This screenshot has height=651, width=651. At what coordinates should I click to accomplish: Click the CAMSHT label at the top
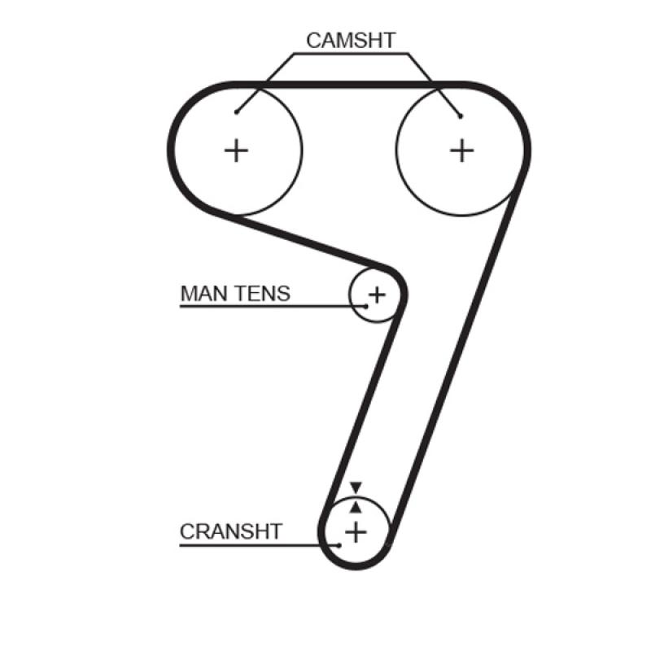coord(350,40)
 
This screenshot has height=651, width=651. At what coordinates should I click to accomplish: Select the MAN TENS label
coord(234,293)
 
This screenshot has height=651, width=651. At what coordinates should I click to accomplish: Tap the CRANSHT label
coord(231,532)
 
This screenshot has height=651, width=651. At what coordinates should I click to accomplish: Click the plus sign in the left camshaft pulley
coord(236,150)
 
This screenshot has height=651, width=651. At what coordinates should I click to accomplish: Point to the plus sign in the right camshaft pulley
coord(461,150)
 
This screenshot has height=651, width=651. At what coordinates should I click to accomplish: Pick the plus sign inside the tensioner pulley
coord(377,294)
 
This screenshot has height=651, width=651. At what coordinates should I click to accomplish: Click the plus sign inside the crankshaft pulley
coord(356,532)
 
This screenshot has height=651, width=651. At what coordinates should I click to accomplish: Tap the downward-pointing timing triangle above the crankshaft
coord(355,487)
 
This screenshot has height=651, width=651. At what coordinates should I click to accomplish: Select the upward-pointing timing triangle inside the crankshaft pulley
coord(355,506)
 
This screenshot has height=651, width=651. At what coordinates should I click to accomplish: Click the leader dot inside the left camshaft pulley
coord(236,112)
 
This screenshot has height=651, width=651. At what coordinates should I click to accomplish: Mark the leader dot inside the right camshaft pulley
coord(461,116)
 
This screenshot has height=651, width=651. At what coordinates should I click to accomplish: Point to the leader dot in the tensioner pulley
coord(366,307)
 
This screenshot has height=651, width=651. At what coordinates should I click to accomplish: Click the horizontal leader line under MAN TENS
coord(269,307)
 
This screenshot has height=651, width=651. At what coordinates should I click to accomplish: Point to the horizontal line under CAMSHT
coord(350,55)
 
